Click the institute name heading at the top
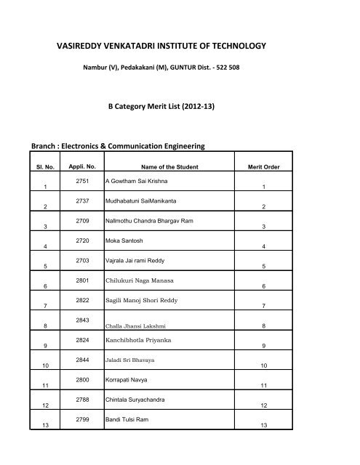pyautogui.click(x=161, y=47)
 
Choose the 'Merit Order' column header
pyautogui.click(x=264, y=167)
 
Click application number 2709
pyautogui.click(x=82, y=220)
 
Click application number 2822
pyautogui.click(x=82, y=299)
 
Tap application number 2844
pyautogui.click(x=82, y=360)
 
